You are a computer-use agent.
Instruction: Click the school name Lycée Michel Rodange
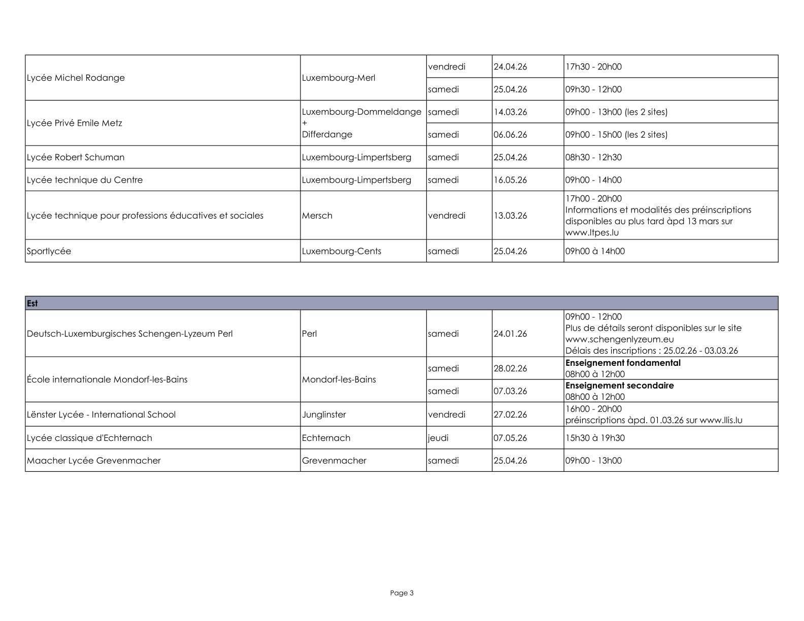click(76, 78)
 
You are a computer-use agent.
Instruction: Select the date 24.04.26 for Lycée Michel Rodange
click(510, 67)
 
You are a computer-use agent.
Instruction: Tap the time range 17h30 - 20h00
click(593, 67)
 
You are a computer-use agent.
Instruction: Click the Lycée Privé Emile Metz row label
click(75, 123)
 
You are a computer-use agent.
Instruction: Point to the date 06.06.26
click(510, 135)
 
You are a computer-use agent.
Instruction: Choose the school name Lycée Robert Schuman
click(76, 157)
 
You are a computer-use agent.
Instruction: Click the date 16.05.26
click(510, 180)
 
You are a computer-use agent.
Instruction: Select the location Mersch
click(317, 216)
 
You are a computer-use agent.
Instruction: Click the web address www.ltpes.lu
click(592, 233)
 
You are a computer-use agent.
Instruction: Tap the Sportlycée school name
click(49, 251)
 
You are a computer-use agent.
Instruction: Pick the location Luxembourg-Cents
click(342, 251)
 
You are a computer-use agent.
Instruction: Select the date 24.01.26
click(510, 334)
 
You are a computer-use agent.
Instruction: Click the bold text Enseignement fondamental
click(623, 363)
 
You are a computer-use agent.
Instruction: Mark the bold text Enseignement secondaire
click(620, 386)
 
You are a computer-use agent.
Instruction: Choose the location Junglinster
click(324, 415)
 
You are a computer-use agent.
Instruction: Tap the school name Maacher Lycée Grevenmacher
click(94, 461)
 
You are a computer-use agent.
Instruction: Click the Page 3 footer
click(402, 593)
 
